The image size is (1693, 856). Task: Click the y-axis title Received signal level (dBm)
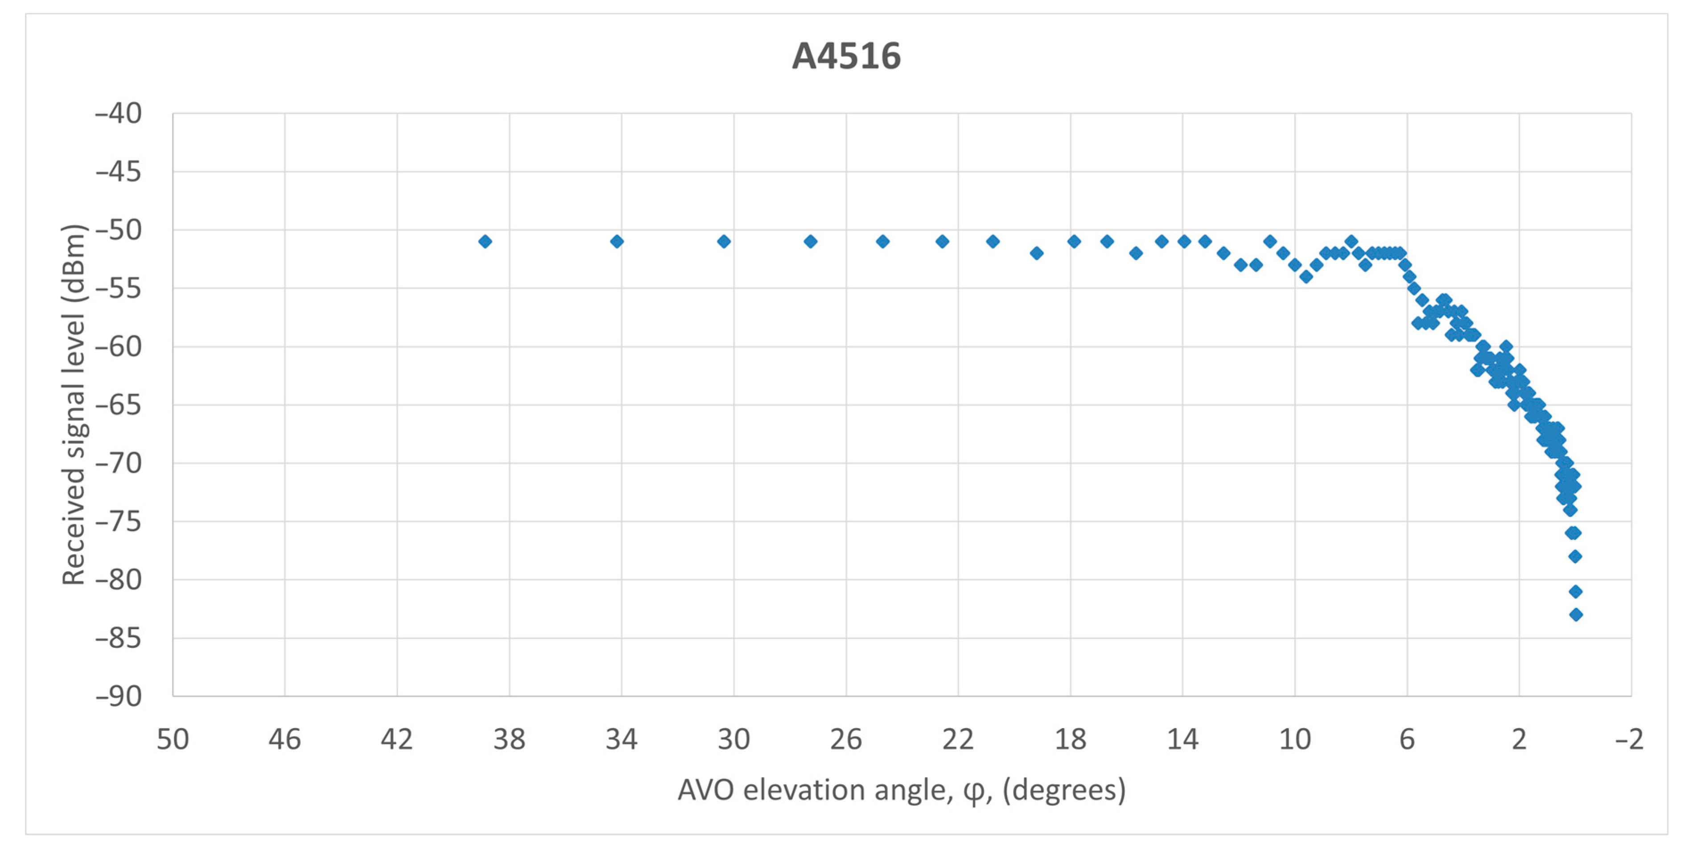(74, 404)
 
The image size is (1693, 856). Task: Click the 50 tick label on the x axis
(173, 740)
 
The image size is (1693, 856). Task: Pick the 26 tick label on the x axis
(846, 740)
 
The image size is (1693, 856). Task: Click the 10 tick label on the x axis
(1295, 740)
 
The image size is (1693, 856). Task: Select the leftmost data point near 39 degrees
(485, 242)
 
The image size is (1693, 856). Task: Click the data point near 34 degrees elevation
(617, 242)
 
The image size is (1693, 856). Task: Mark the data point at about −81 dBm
(1575, 592)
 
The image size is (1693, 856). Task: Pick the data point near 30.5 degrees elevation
(724, 242)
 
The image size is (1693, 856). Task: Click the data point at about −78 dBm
(1575, 557)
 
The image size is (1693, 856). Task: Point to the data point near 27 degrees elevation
(810, 242)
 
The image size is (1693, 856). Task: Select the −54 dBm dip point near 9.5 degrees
(1306, 277)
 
